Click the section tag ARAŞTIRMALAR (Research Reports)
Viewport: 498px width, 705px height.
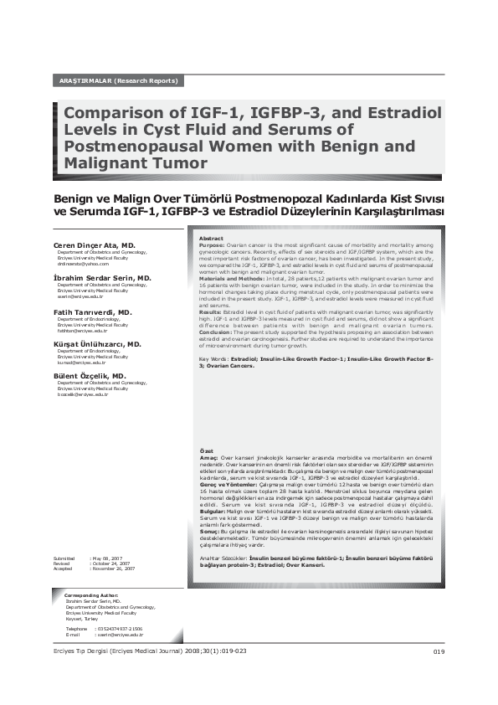click(118, 81)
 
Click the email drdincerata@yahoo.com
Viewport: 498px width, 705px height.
click(83, 265)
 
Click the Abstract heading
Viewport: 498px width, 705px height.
click(211, 239)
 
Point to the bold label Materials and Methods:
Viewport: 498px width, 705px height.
click(231, 278)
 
